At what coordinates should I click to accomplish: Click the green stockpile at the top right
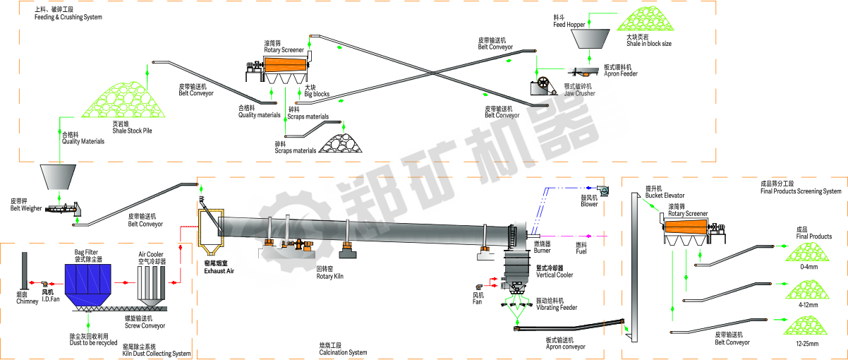click(646, 19)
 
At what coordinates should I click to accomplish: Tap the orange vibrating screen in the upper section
click(286, 64)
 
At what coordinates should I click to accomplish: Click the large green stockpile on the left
click(123, 100)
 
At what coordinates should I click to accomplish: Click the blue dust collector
click(88, 280)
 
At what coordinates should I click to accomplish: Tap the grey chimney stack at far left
click(25, 270)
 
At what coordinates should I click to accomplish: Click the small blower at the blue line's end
click(602, 190)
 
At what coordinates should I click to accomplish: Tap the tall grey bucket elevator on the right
click(634, 268)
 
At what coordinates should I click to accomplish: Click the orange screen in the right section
click(686, 227)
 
